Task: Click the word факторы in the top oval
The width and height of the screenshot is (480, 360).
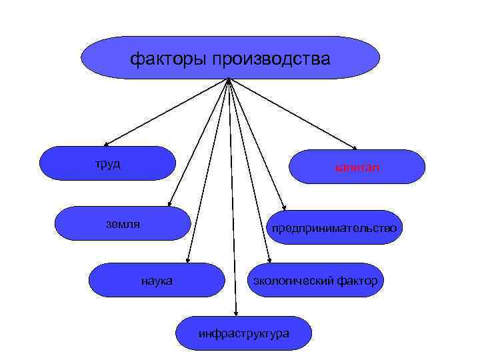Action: (169, 60)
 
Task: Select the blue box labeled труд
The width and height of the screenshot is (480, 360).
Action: (107, 163)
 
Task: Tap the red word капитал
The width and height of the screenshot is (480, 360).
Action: (357, 167)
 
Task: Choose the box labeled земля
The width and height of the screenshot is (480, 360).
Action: (123, 223)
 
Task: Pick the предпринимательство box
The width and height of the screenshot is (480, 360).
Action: (333, 228)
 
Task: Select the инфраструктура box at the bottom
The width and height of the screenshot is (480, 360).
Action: (243, 332)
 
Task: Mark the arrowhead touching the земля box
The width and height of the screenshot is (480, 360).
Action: (169, 204)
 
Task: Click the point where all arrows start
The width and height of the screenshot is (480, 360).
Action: (229, 81)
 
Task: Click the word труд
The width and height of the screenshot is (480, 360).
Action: (107, 164)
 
